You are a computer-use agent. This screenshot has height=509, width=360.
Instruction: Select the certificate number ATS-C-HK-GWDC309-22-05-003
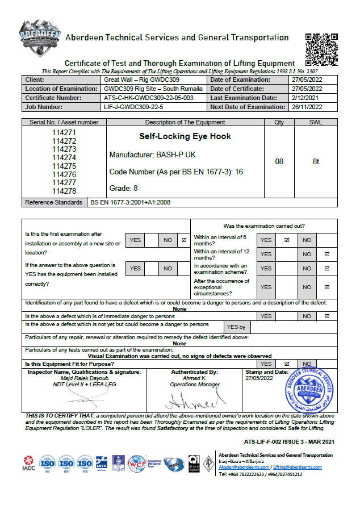tap(149, 98)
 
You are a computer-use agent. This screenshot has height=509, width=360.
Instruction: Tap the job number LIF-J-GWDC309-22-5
tap(133, 107)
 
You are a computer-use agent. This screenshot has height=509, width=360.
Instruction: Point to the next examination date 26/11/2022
tap(307, 107)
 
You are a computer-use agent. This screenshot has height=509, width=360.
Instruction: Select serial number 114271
tap(64, 133)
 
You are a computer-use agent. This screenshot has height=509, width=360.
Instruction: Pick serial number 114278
tap(64, 191)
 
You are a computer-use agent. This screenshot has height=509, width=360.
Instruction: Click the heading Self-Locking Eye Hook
tap(177, 137)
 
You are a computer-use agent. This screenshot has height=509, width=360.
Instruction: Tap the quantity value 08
tap(279, 162)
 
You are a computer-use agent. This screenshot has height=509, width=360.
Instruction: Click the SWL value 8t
tap(316, 162)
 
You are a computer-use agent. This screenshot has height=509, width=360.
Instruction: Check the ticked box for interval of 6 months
tap(287, 240)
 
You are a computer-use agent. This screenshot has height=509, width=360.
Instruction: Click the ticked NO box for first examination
tap(183, 240)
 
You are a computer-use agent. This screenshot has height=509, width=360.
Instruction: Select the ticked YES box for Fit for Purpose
tap(287, 364)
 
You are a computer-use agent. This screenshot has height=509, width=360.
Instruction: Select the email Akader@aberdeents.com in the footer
tap(238, 466)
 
